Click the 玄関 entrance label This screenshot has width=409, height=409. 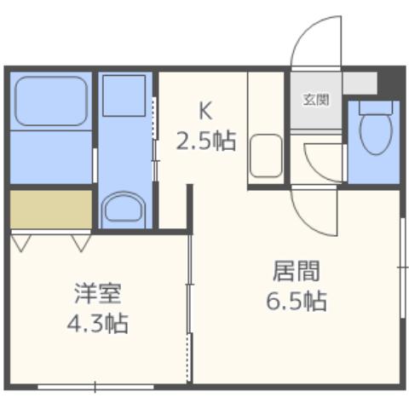[x=315, y=98]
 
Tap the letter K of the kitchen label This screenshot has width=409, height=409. [x=204, y=110]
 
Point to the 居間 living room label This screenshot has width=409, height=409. [x=296, y=273]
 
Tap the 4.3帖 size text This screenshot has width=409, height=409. [x=97, y=324]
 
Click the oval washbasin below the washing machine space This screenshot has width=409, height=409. [x=125, y=206]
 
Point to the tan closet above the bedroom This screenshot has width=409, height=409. [x=50, y=209]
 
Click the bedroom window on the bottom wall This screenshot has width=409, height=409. [x=95, y=388]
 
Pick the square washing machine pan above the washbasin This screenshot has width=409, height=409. [x=125, y=93]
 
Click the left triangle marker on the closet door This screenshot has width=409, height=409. [x=21, y=243]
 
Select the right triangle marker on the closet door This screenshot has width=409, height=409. [x=81, y=243]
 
